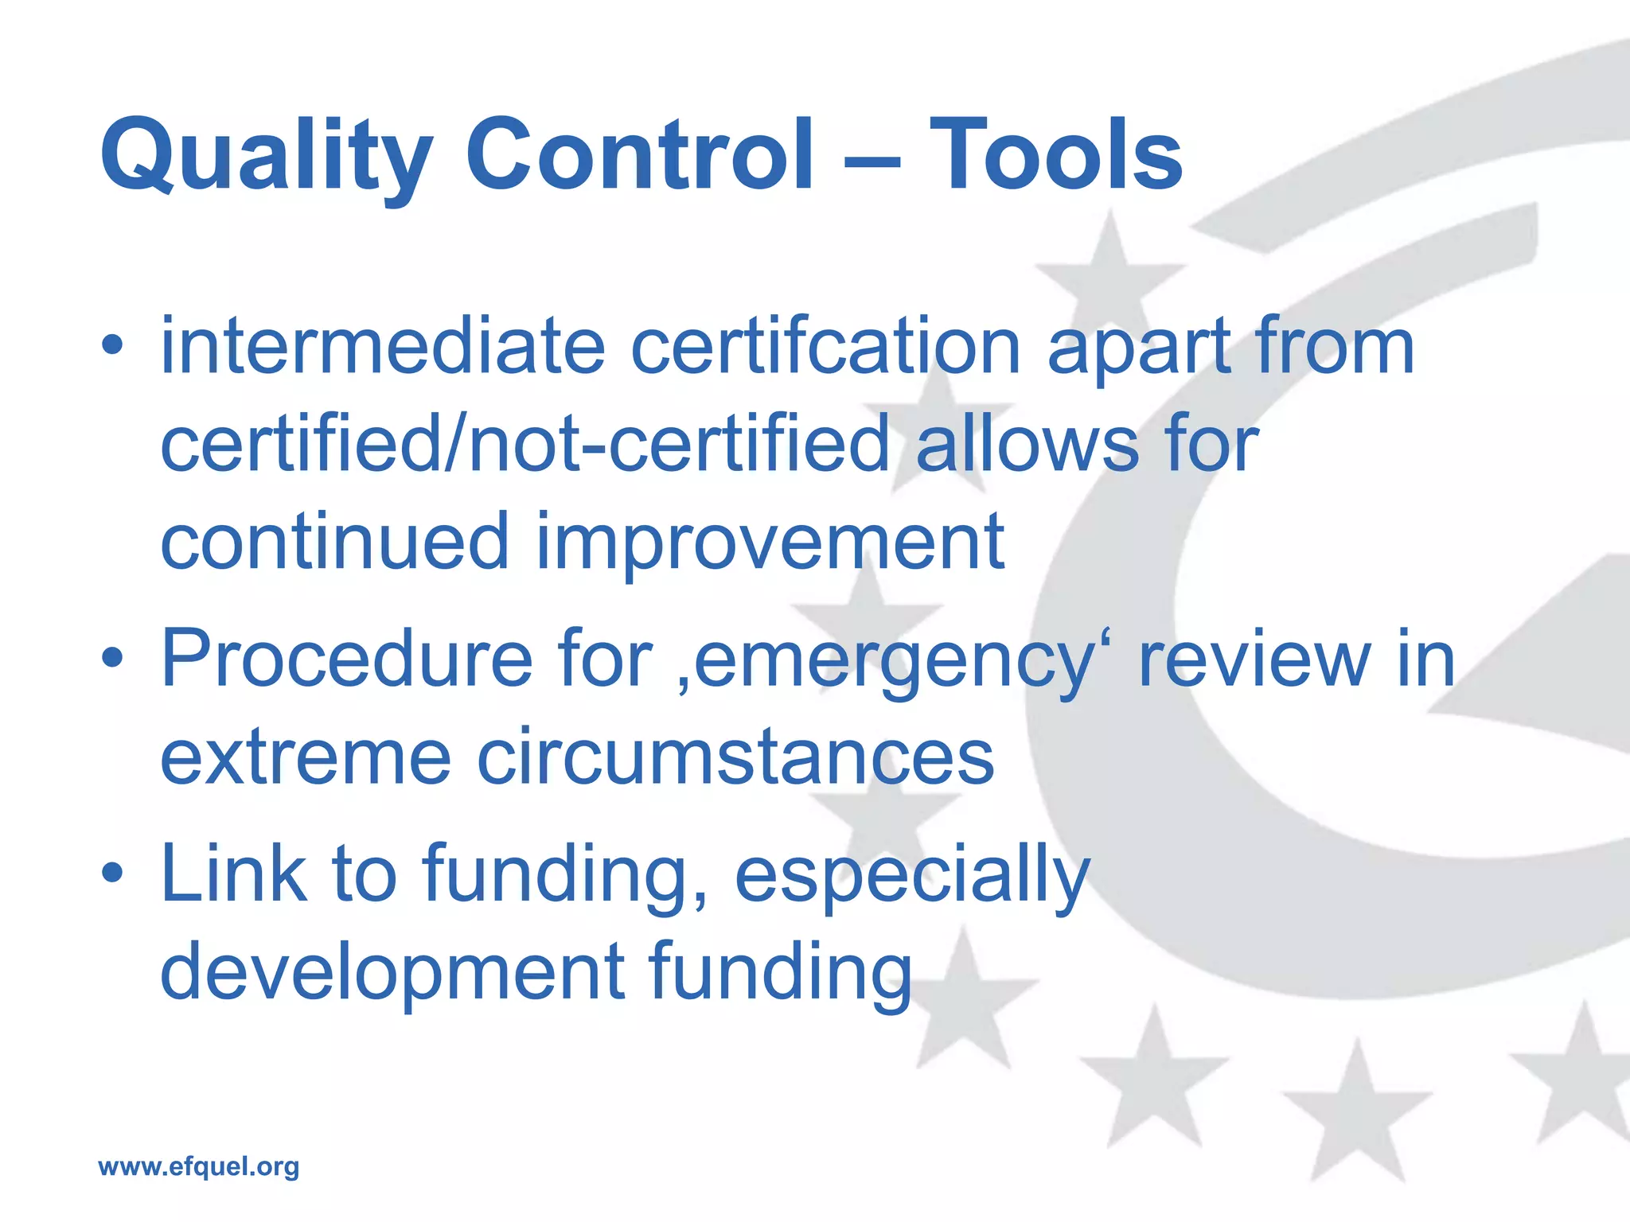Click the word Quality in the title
tap(267, 155)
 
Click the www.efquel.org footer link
tap(198, 1166)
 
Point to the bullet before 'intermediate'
tap(112, 345)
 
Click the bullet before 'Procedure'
tap(112, 657)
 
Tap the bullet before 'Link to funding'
tap(112, 873)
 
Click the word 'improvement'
tap(770, 543)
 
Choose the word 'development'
tap(392, 972)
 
